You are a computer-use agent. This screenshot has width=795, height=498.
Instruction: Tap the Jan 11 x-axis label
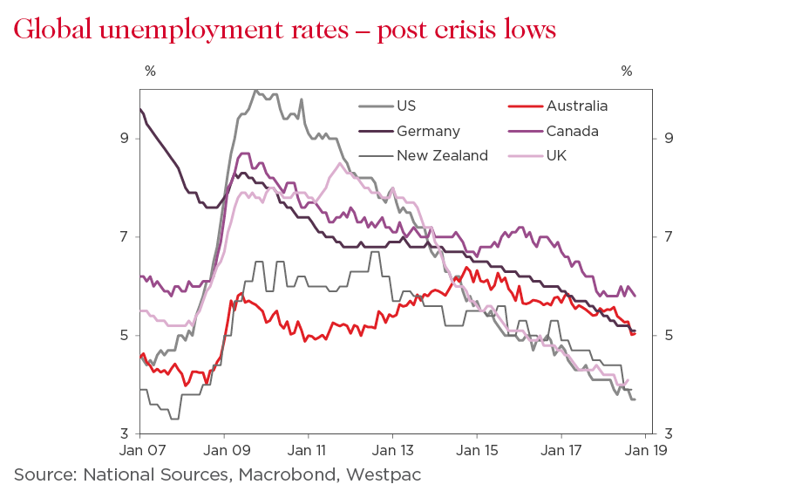pos(308,452)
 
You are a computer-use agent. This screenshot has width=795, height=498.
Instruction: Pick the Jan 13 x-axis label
pos(392,452)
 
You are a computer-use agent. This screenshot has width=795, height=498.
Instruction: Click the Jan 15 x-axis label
pos(476,452)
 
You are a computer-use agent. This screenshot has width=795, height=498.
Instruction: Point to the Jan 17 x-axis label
pos(561,452)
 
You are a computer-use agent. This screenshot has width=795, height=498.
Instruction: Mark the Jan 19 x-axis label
pos(644,452)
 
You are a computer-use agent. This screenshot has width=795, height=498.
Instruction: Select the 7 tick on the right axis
pos(668,237)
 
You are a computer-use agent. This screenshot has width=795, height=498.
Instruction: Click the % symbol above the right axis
pos(626,72)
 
